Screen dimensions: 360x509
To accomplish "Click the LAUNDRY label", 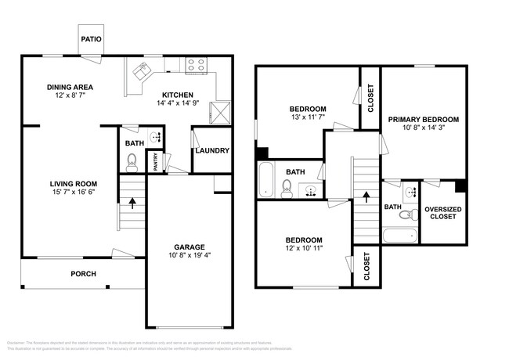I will coord(212,151).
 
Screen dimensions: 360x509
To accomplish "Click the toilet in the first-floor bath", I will coord(132,163).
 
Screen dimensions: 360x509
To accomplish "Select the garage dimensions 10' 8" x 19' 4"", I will coord(190,254).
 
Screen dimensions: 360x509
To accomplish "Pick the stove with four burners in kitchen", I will coord(196,66).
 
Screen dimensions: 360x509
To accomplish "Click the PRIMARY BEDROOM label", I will coord(424,119).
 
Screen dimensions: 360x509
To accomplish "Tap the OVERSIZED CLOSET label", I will coord(442,213).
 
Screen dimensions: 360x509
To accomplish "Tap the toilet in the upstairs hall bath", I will coord(287,187).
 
